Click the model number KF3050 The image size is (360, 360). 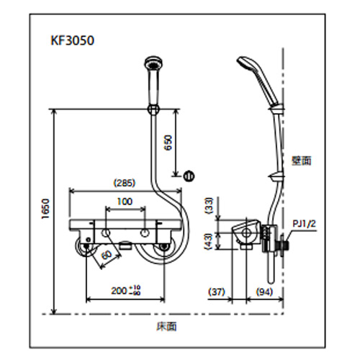72,40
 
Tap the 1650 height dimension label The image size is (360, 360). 45,209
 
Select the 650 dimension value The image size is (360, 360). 168,143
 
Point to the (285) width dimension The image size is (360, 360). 125,184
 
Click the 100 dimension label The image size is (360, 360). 125,202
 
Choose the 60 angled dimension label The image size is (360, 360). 107,255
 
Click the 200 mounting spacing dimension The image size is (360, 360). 126,291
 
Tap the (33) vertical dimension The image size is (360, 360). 210,206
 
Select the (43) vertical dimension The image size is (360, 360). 210,241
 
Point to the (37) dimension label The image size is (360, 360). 217,292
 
